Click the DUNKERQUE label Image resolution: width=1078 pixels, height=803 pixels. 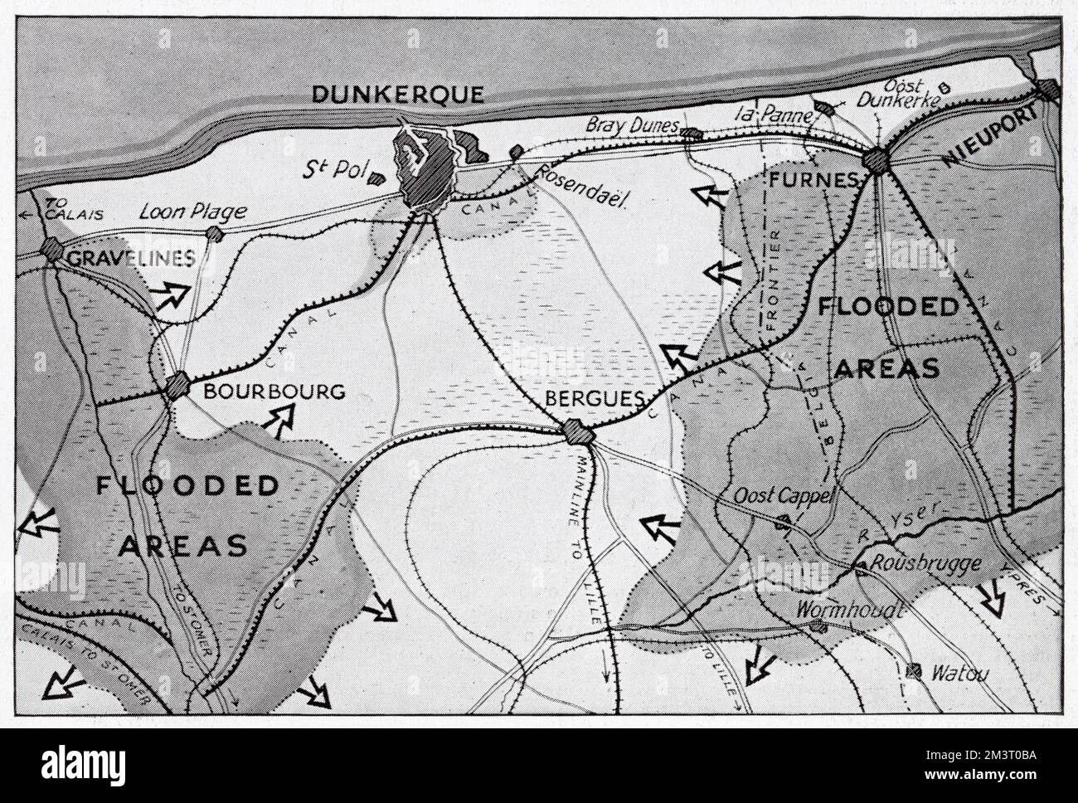click(x=397, y=95)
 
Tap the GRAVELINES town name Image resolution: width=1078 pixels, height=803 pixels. click(x=131, y=258)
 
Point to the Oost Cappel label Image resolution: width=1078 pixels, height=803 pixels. click(x=777, y=494)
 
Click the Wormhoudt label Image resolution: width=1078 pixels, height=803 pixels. click(x=848, y=610)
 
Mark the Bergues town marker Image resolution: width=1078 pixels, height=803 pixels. click(x=574, y=431)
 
